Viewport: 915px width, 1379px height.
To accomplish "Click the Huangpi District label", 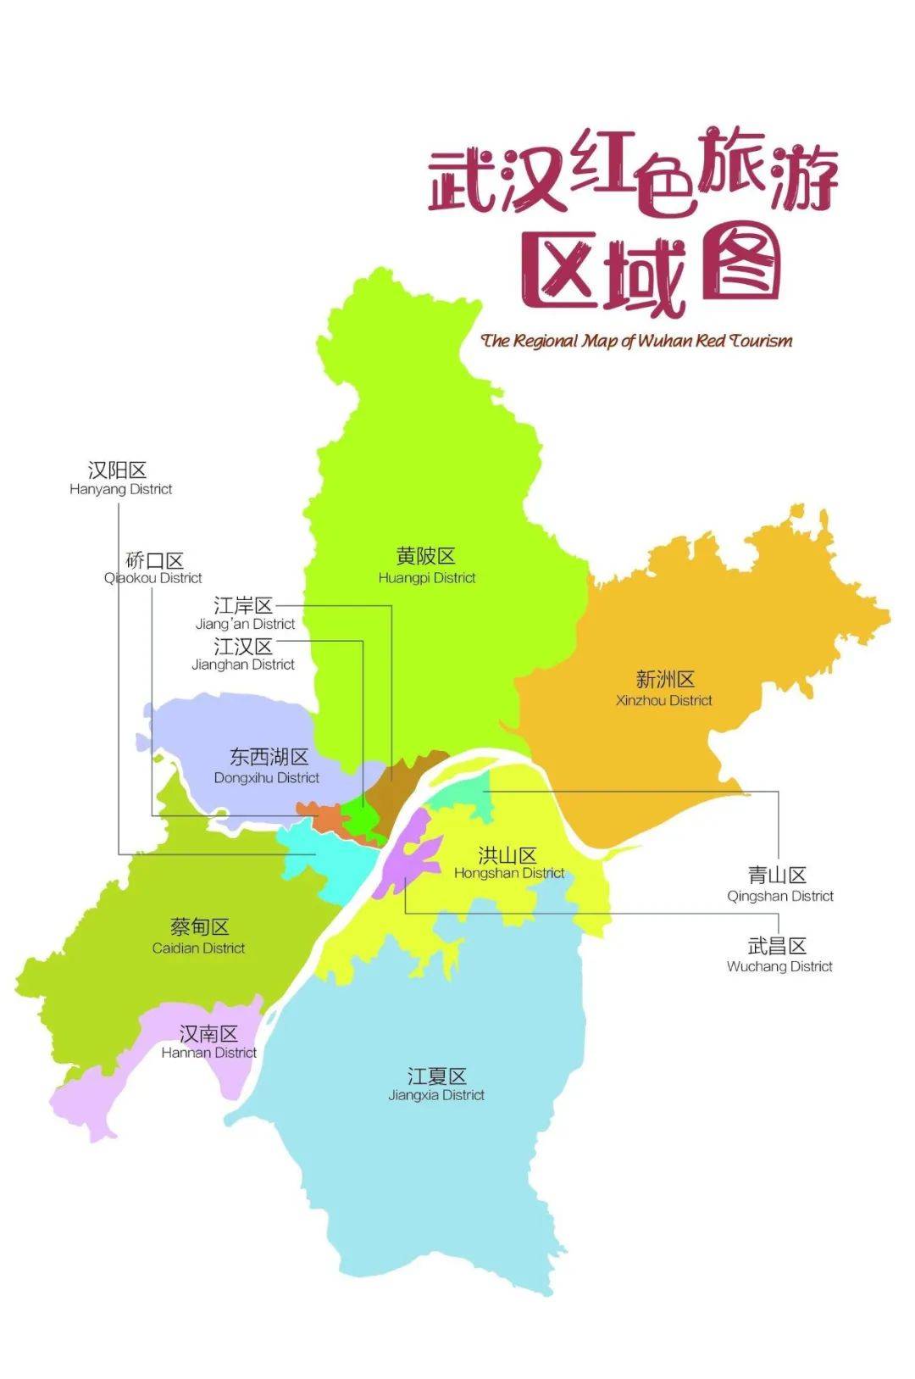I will [x=426, y=565].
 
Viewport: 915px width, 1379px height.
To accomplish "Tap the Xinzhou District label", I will [x=664, y=688].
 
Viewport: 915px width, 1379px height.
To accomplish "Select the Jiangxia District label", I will [x=436, y=1084].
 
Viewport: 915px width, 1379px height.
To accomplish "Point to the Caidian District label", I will [x=199, y=936].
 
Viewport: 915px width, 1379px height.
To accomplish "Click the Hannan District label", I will [x=209, y=1042].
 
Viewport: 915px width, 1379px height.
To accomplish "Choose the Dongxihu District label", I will [x=267, y=766].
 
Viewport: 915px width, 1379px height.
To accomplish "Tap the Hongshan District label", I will [x=508, y=863].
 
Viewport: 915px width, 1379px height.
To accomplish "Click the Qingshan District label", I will [x=779, y=884].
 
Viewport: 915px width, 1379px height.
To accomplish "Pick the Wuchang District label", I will [x=779, y=955].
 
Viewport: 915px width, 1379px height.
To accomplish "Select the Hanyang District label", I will [x=120, y=478].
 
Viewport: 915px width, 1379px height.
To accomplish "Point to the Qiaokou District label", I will [x=153, y=568].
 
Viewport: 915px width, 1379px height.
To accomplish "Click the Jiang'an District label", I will [x=244, y=614].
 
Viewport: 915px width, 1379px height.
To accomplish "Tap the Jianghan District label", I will [x=243, y=654].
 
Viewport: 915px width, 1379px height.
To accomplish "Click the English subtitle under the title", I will [x=636, y=341].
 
